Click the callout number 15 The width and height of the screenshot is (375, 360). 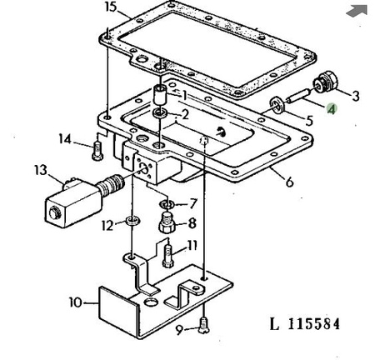tap(111, 7)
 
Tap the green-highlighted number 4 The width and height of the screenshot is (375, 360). tap(332, 109)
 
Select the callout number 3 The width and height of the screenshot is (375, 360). tap(356, 96)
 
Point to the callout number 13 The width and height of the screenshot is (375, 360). tap(41, 170)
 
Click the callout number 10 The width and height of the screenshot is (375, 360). tap(76, 302)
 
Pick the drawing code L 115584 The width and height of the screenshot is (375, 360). tap(305, 324)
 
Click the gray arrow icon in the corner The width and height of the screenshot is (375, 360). tap(357, 11)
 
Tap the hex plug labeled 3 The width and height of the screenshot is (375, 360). tap(325, 82)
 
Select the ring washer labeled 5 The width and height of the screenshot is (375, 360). tap(277, 105)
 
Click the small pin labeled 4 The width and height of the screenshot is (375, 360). tap(298, 95)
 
